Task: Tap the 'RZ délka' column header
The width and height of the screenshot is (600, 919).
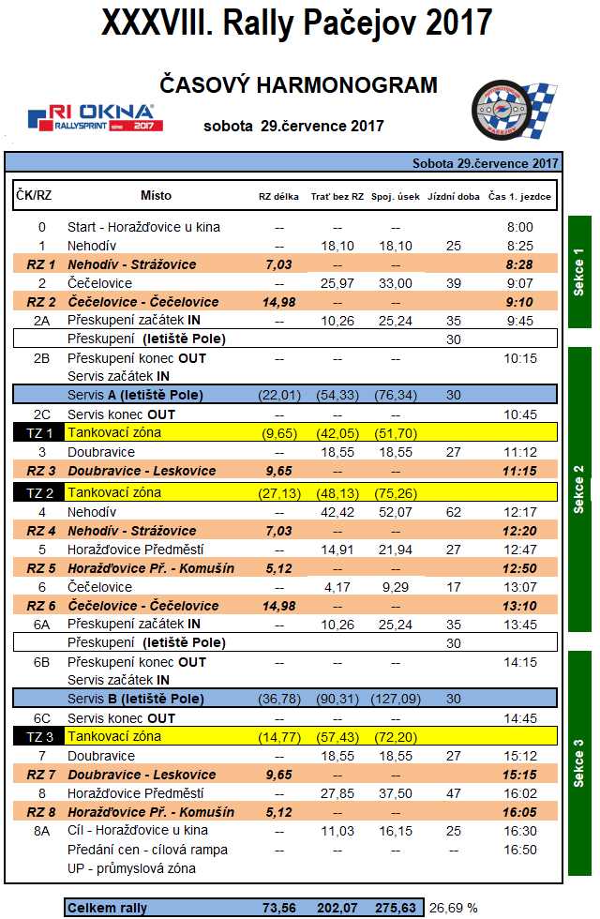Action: (278, 197)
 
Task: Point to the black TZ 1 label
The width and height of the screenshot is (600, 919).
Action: (38, 433)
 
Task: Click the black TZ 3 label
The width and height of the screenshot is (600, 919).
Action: (38, 737)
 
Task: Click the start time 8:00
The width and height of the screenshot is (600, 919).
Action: (518, 227)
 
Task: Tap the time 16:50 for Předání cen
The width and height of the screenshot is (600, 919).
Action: (518, 850)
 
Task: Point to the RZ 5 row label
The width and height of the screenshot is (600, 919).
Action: (41, 568)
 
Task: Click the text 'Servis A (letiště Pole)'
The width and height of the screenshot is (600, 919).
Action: (135, 395)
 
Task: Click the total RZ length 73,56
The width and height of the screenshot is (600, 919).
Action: (278, 908)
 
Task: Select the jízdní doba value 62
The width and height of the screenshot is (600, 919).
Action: (454, 512)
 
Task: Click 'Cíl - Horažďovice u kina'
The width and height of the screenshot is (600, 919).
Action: (138, 831)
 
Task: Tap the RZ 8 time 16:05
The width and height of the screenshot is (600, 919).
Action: (518, 812)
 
